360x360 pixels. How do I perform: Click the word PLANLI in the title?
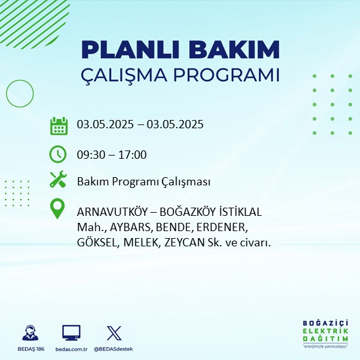point(130,50)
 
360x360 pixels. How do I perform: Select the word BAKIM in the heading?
point(234,50)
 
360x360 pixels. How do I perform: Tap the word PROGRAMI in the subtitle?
point(226,75)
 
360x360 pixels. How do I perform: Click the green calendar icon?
point(59,126)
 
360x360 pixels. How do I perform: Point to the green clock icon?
point(58,154)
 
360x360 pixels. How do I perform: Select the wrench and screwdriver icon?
point(58,179)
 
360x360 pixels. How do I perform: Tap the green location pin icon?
point(57,208)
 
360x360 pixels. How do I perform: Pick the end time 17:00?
point(133,155)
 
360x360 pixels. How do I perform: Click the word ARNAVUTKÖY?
point(112,211)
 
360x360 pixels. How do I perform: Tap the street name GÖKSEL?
point(97,243)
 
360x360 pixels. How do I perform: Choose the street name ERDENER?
point(222,227)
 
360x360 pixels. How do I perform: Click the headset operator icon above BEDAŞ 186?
point(30,333)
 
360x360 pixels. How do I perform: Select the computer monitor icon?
point(71,333)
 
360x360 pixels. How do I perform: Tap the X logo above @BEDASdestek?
point(114,333)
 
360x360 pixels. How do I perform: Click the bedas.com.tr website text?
point(71,349)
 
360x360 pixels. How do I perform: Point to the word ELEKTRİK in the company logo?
point(325,331)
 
